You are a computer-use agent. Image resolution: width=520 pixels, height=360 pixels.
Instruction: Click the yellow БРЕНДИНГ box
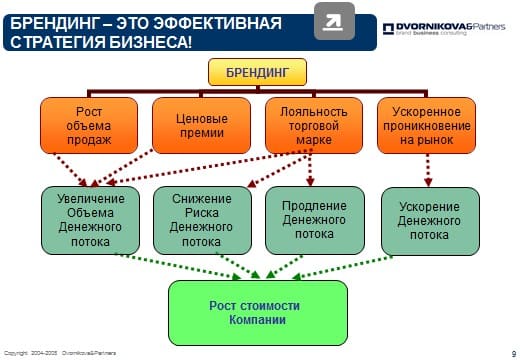point(257,72)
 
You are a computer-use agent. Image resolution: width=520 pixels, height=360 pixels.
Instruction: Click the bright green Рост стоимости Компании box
point(257,312)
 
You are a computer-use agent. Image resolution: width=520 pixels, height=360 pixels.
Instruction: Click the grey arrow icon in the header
point(334,21)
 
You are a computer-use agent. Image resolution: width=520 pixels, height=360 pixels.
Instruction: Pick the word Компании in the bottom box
point(257,320)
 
